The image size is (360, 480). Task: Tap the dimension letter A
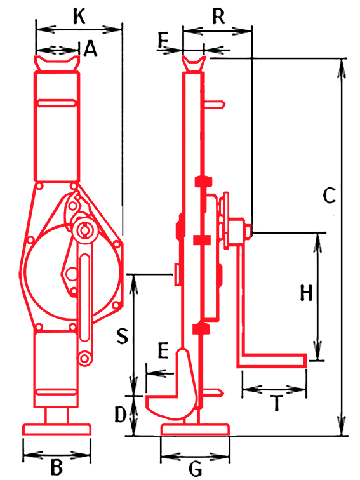(x=90, y=49)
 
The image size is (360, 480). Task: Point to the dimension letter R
(x=218, y=17)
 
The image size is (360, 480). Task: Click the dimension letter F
(x=164, y=41)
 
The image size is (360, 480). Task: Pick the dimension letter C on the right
(x=330, y=196)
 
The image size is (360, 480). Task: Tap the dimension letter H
(x=306, y=293)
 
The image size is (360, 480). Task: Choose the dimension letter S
(x=123, y=335)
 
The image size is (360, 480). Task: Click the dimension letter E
(x=163, y=350)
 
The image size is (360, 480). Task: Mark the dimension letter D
(x=120, y=415)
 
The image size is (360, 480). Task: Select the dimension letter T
(x=277, y=403)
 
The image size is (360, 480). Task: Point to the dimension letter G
(x=196, y=469)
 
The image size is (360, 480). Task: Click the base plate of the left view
(x=57, y=429)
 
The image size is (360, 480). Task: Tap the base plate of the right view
(x=195, y=429)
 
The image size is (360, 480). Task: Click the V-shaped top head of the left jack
(x=57, y=63)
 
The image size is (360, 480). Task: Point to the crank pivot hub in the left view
(x=85, y=230)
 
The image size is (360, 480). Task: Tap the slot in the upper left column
(x=57, y=103)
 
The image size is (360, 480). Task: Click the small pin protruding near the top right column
(x=215, y=105)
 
